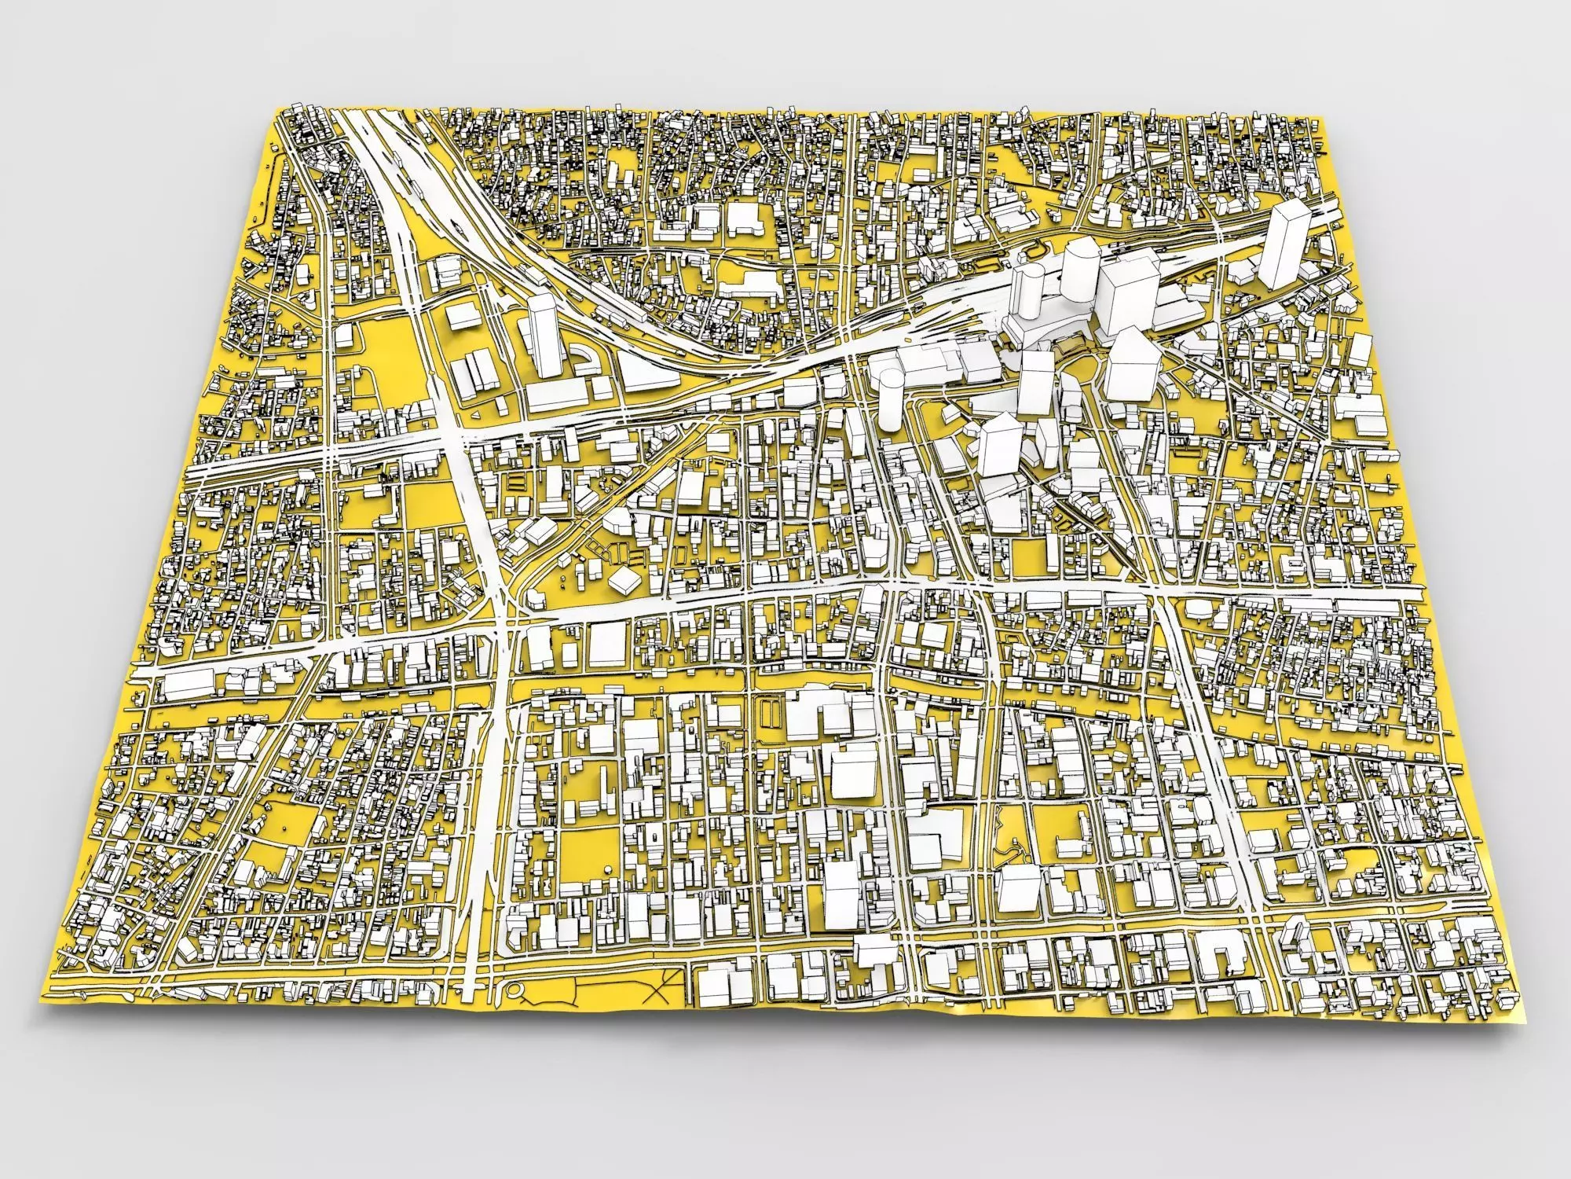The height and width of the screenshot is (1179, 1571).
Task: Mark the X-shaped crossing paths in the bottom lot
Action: click(x=660, y=982)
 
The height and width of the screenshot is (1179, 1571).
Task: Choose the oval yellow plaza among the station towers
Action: click(x=1076, y=369)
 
